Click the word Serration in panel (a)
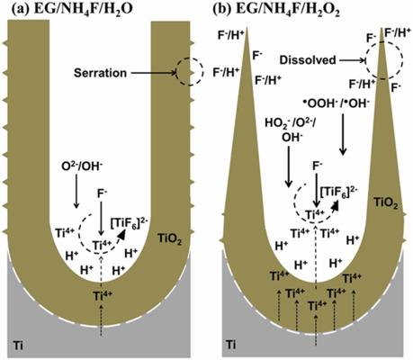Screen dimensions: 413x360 [100, 73]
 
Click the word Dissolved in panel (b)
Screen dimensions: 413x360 [308, 60]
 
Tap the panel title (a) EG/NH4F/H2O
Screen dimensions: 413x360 [72, 10]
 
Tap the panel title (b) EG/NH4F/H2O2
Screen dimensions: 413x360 [276, 10]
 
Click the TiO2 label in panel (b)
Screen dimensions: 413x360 [385, 203]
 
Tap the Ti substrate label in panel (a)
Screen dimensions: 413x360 [18, 346]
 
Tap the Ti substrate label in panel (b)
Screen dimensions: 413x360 [230, 345]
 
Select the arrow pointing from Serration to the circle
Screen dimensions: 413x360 [154, 73]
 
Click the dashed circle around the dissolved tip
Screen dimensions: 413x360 [365, 60]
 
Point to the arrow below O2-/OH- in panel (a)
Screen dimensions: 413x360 [76, 191]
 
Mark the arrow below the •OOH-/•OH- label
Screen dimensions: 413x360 [343, 135]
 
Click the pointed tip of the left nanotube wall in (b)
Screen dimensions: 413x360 [247, 29]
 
